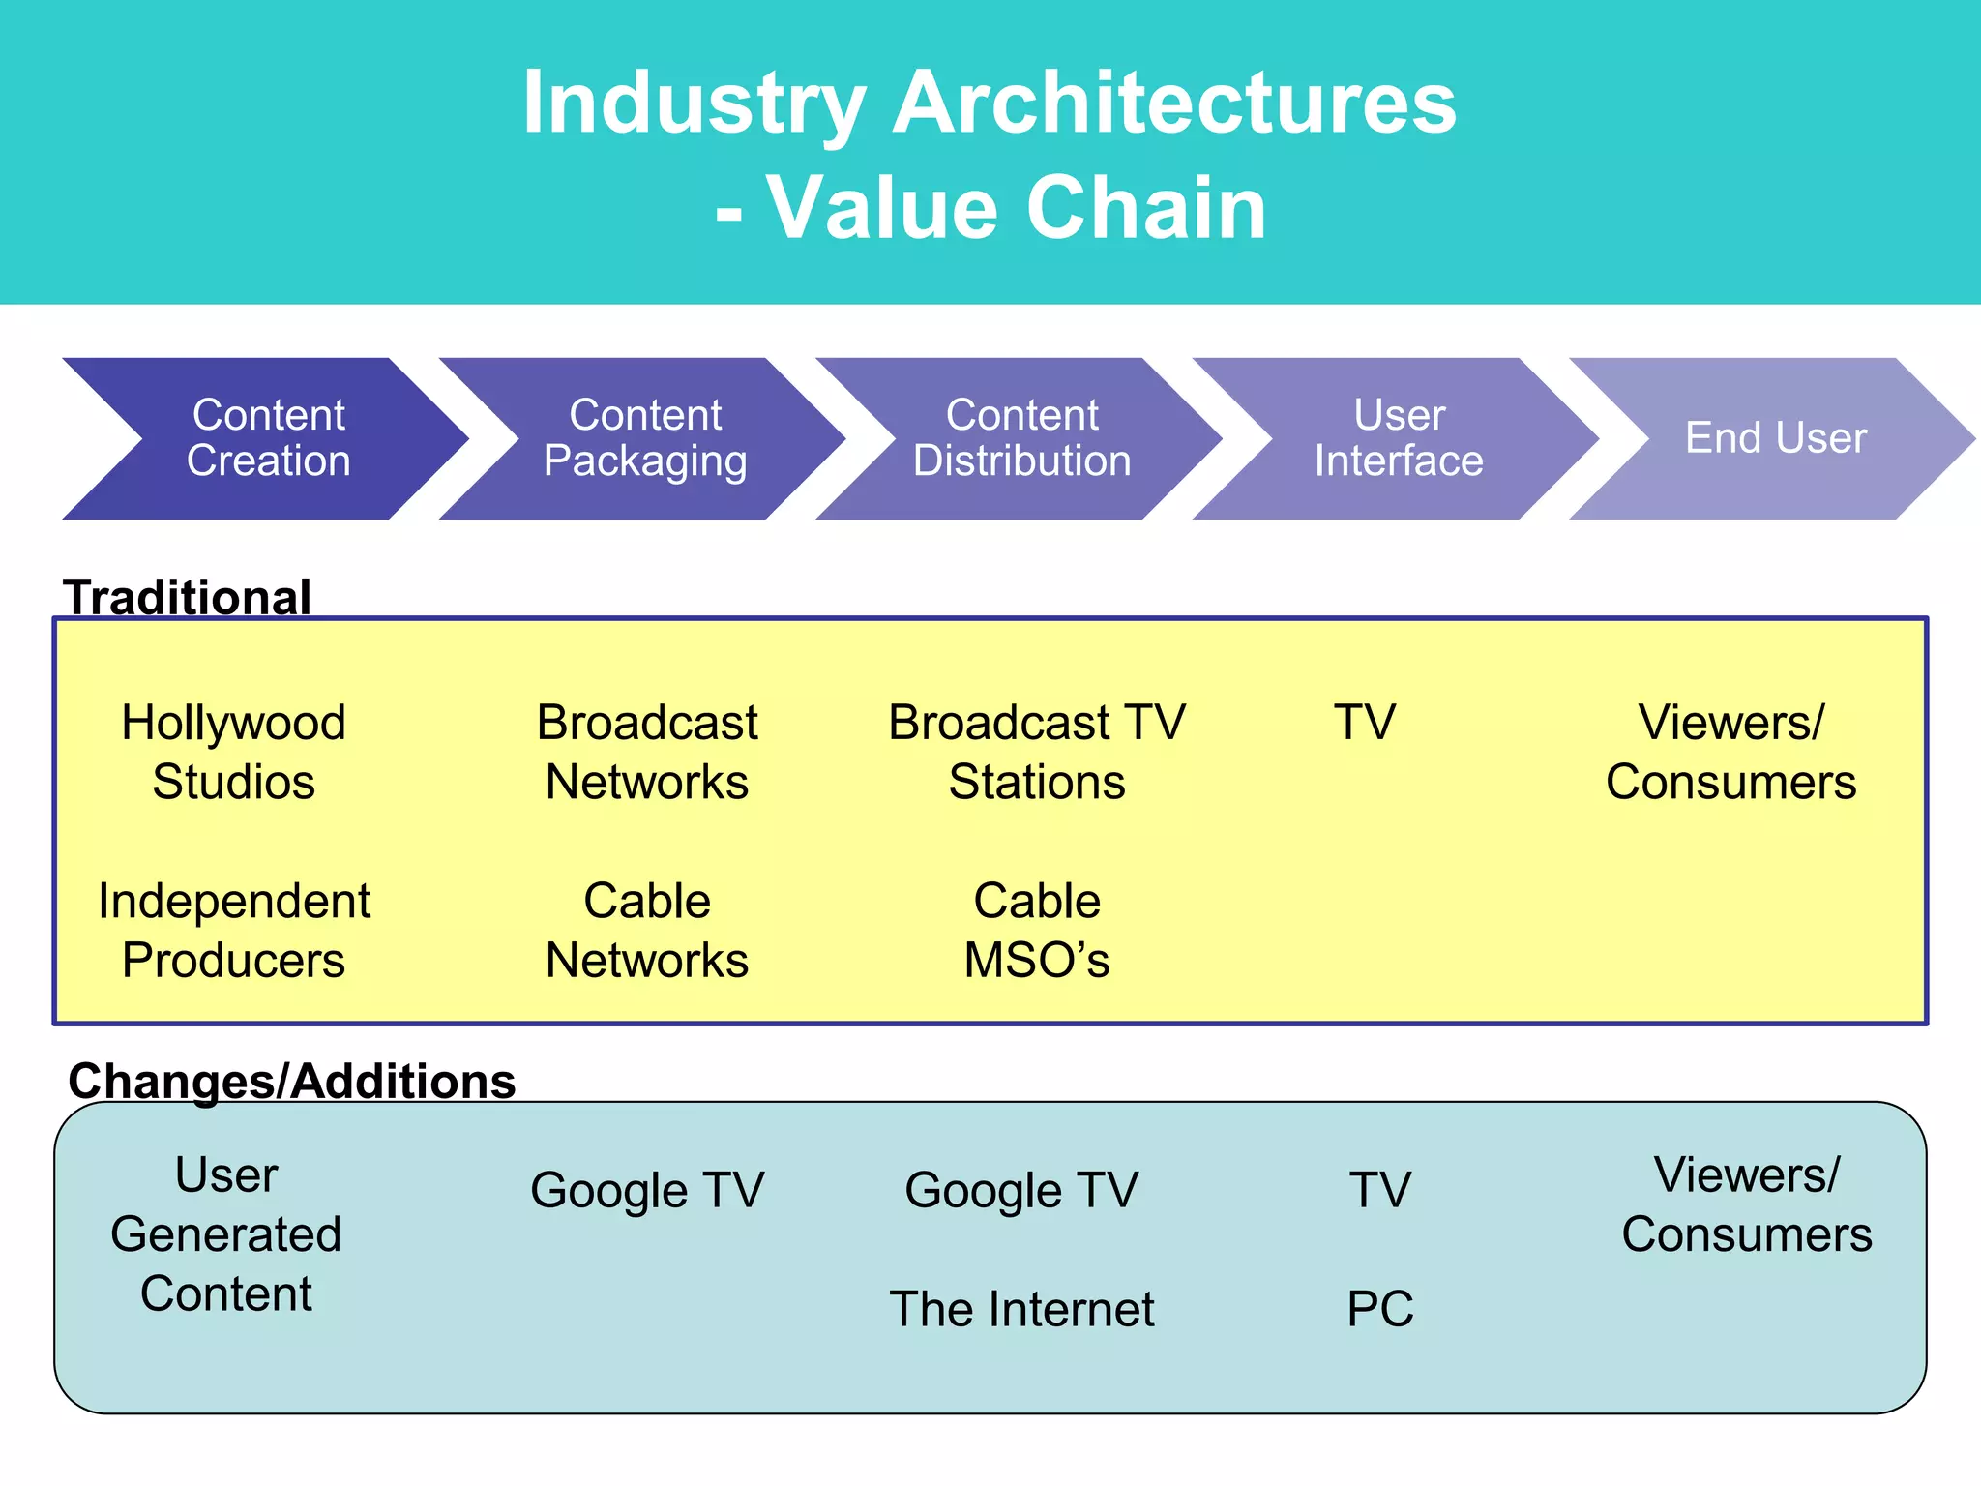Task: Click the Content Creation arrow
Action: click(268, 438)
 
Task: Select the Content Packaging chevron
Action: click(645, 438)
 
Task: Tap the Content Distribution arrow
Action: click(1022, 438)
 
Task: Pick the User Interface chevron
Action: click(1399, 438)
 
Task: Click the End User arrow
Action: click(1776, 438)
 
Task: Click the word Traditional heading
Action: click(187, 597)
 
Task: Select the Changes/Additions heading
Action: click(292, 1081)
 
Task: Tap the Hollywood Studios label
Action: click(233, 752)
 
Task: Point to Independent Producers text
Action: click(233, 930)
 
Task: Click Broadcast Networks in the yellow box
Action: click(647, 752)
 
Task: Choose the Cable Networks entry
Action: click(647, 930)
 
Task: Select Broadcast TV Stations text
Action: click(1037, 752)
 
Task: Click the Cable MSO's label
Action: click(1037, 930)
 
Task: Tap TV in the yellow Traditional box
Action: click(1365, 723)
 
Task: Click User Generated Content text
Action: click(226, 1233)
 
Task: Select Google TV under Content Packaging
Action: click(647, 1190)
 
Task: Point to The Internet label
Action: click(1021, 1309)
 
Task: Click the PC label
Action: click(1380, 1309)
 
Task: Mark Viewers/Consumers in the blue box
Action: click(1747, 1204)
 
